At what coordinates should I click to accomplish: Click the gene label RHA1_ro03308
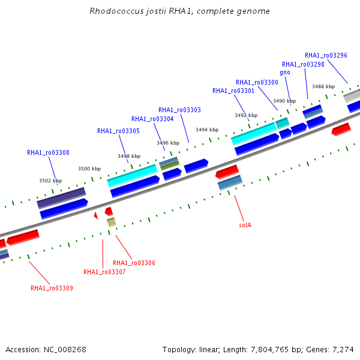coord(48,152)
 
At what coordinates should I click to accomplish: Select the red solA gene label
coord(245,225)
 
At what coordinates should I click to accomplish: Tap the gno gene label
coord(285,73)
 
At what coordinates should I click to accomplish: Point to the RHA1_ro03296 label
coord(326,55)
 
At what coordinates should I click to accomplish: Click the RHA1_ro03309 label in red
coord(52,288)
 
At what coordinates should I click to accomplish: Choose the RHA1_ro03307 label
coord(104,272)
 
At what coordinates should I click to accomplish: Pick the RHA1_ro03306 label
coord(134,263)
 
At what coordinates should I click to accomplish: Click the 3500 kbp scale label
coord(89,169)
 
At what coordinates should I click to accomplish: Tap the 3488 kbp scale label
coord(323,86)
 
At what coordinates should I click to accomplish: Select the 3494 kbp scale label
coord(207,130)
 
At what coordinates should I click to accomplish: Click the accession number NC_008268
coord(65,350)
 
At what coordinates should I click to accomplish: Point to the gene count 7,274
coord(343,350)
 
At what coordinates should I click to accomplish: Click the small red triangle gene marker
coord(96,215)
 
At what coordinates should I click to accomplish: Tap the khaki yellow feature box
coord(112,222)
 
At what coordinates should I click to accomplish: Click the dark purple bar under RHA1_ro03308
coord(62,198)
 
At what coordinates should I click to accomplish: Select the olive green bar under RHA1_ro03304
coord(170,166)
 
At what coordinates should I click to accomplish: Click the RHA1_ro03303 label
coord(180,110)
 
